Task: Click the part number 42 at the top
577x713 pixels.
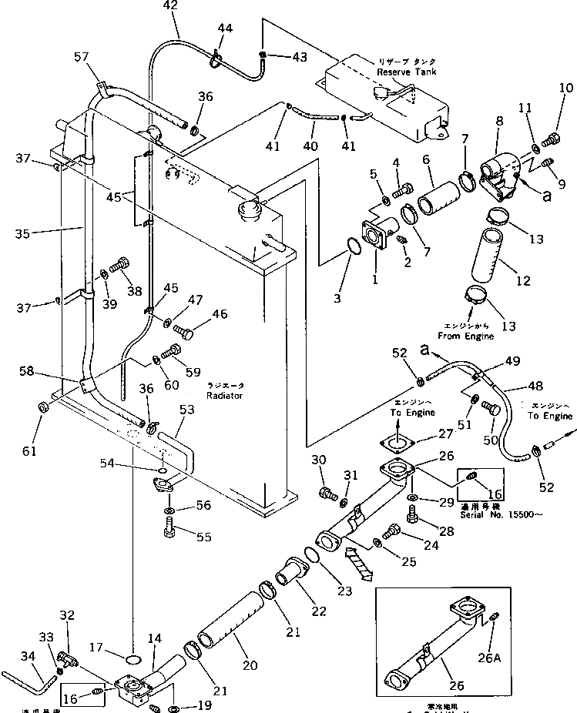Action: [170, 6]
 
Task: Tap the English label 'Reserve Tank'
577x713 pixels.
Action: [406, 72]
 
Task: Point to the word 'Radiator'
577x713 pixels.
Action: [224, 395]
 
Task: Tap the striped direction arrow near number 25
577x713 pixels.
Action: [357, 562]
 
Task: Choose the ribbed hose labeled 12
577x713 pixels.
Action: [491, 256]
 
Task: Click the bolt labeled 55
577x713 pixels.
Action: [170, 529]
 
